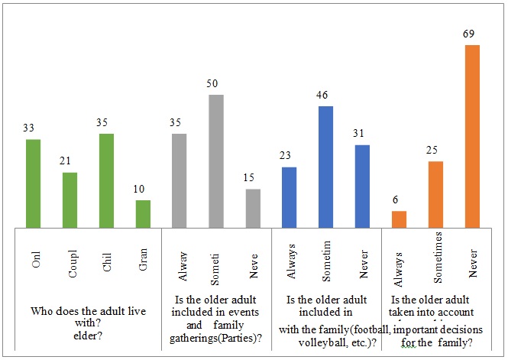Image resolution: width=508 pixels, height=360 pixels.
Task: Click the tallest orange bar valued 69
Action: tap(473, 136)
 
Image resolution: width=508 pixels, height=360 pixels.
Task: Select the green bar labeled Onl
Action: tap(33, 183)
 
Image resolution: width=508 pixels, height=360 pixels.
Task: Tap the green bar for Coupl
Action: tap(70, 200)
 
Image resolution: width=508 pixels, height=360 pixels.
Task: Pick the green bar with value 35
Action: tap(106, 180)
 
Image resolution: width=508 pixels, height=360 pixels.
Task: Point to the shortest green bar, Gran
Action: tap(143, 214)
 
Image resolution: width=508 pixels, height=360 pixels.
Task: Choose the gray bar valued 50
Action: tap(216, 161)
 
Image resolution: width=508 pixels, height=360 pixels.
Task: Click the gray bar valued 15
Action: tap(253, 208)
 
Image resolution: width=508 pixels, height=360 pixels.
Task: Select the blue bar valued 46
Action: tap(326, 167)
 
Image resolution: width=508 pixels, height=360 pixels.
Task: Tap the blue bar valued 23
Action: tap(290, 197)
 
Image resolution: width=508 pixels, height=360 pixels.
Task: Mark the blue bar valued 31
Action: tap(363, 186)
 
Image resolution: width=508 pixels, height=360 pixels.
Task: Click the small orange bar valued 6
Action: tap(400, 219)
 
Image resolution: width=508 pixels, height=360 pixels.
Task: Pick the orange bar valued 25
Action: tap(436, 194)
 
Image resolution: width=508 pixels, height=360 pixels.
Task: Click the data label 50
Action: tap(216, 84)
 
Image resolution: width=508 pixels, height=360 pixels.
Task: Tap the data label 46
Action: tap(326, 96)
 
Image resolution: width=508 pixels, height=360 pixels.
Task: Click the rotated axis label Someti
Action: tap(216, 264)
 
